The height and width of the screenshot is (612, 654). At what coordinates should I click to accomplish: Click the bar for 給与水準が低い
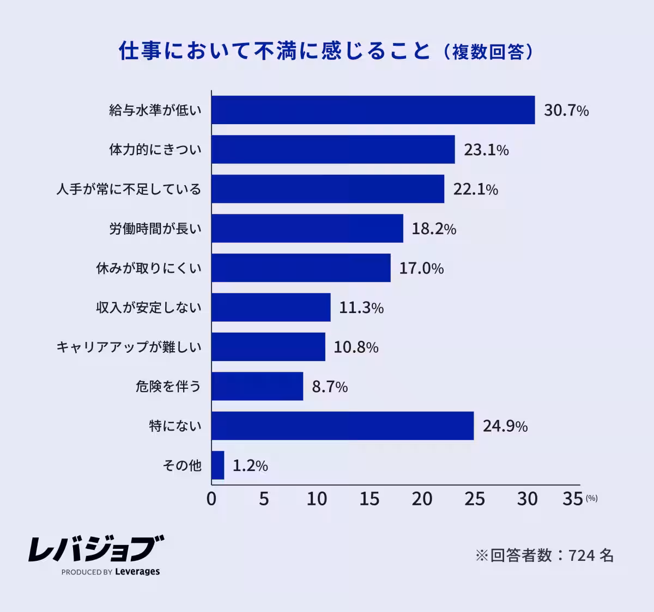coord(373,110)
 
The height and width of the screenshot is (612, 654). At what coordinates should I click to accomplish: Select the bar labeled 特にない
coord(343,426)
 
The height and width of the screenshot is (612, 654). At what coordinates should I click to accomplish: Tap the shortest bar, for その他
coord(218,466)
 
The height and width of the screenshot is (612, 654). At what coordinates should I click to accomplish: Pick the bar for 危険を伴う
coord(257,387)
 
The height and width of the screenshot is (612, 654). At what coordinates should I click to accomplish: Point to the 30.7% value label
coord(566,111)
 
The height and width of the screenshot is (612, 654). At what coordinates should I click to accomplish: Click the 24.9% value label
coord(505,426)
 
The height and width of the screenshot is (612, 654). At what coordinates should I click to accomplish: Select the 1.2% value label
coord(250,466)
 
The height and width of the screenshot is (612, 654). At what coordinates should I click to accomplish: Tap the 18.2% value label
coord(434,229)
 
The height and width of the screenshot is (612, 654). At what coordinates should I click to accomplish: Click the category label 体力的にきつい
coord(155,150)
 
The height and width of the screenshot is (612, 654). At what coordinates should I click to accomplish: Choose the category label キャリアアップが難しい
coord(129,347)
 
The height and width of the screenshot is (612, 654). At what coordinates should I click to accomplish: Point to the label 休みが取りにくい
coord(149,268)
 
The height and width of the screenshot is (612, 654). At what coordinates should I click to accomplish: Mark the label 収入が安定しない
coord(149,308)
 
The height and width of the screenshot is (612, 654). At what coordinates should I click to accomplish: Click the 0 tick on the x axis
coord(211,499)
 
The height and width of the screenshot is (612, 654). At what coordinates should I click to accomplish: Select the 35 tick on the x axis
coord(573,499)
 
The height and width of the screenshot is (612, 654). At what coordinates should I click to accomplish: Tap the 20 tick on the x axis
coord(422,499)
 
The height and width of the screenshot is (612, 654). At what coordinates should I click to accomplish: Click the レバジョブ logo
coord(96,549)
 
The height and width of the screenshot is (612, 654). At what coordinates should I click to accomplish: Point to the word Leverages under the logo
coord(137,572)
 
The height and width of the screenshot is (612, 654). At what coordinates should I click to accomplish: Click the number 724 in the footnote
coord(582,555)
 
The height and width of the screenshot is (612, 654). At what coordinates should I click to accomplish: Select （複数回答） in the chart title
coord(488,52)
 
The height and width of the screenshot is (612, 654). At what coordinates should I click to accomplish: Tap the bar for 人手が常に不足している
coord(328,189)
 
